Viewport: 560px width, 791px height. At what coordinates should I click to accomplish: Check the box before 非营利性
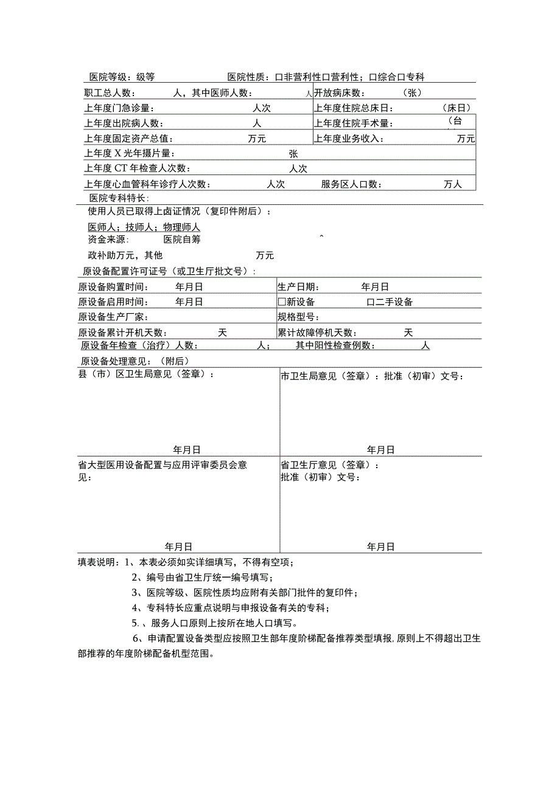coord(279,77)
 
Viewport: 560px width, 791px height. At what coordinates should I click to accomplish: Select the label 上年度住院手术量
coord(353,123)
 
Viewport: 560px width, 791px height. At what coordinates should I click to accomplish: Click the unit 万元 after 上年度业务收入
coord(466,139)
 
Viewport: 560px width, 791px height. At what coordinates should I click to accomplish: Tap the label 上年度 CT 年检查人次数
coord(137,168)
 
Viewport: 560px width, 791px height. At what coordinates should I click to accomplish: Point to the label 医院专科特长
coord(118,198)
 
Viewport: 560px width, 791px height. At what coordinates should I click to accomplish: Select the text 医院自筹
coord(183,240)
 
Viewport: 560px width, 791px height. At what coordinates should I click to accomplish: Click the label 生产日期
coord(298,287)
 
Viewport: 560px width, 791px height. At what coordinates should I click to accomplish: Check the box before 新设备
coord(282,302)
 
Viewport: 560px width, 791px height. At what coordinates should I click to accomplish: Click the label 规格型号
coord(298,317)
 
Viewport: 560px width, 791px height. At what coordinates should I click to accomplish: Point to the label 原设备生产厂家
coord(113,317)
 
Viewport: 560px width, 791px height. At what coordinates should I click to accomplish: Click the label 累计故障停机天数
coord(317,333)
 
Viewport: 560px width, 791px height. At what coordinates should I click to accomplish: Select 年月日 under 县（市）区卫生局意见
coord(187,450)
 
